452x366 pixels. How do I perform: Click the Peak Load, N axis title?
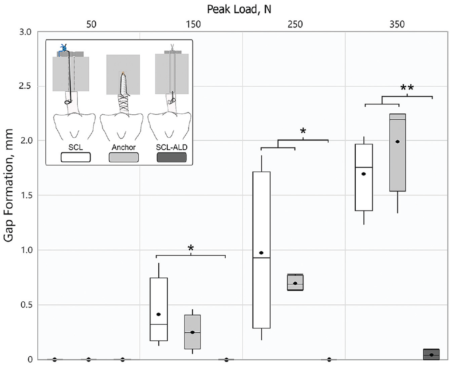(x=239, y=10)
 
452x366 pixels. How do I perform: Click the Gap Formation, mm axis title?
(x=9, y=186)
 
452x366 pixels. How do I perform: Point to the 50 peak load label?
(x=91, y=24)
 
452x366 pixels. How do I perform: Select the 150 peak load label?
(x=193, y=24)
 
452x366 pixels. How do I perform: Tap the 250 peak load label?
(x=295, y=24)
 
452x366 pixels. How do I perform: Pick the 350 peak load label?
(x=397, y=24)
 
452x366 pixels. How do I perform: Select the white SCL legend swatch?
(x=75, y=157)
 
